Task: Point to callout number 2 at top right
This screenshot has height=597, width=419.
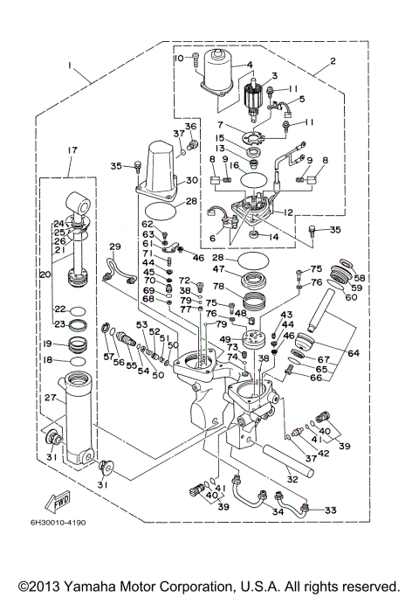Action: [x=333, y=62]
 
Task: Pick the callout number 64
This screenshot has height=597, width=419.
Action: [x=353, y=353]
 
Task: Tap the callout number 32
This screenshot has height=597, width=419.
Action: [x=290, y=478]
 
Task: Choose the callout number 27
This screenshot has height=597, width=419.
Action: [x=50, y=398]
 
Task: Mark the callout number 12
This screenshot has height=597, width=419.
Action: [x=286, y=211]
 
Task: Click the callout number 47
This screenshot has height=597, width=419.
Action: [x=219, y=271]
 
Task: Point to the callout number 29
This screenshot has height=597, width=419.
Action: [x=114, y=247]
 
